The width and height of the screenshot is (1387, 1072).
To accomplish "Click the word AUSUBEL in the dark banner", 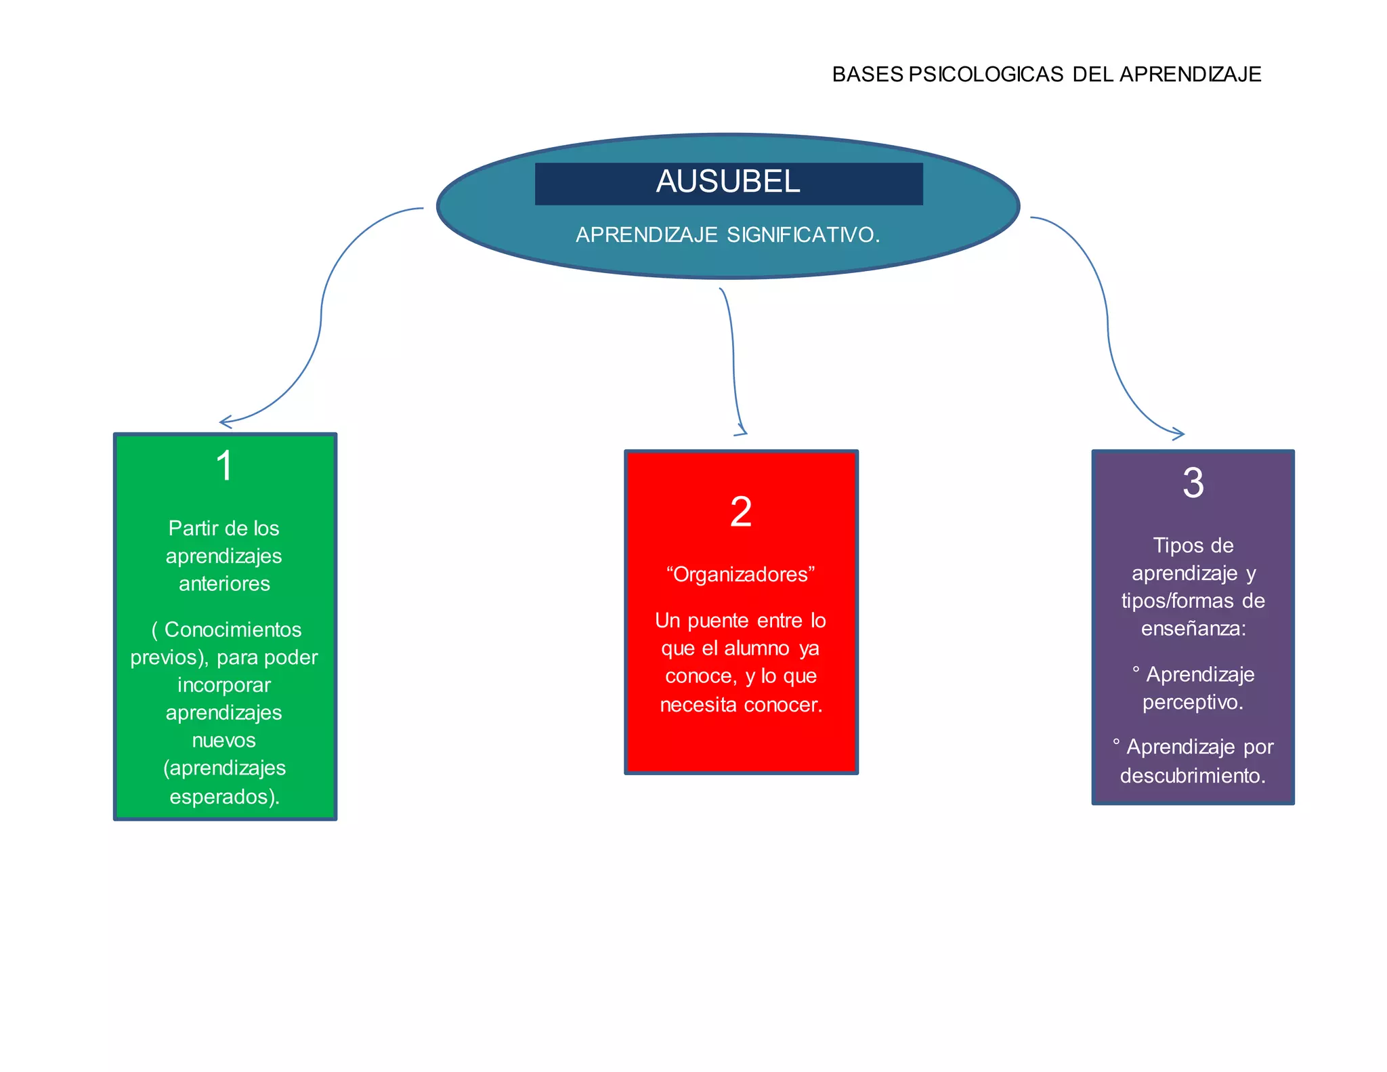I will point(728,182).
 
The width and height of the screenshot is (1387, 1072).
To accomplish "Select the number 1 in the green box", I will point(224,466).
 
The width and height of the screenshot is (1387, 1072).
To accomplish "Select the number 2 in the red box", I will point(741,512).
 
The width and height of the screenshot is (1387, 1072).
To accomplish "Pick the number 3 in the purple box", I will point(1193,483).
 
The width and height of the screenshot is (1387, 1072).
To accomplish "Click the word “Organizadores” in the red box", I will point(741,575).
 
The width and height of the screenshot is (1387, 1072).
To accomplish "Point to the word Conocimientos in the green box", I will point(233,630).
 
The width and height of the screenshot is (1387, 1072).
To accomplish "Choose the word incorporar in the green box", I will point(224,685).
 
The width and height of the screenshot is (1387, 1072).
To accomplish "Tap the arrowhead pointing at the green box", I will point(223,423).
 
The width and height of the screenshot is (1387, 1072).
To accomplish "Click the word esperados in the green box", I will point(221,796).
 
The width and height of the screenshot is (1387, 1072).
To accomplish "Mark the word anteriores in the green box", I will point(224,583).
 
